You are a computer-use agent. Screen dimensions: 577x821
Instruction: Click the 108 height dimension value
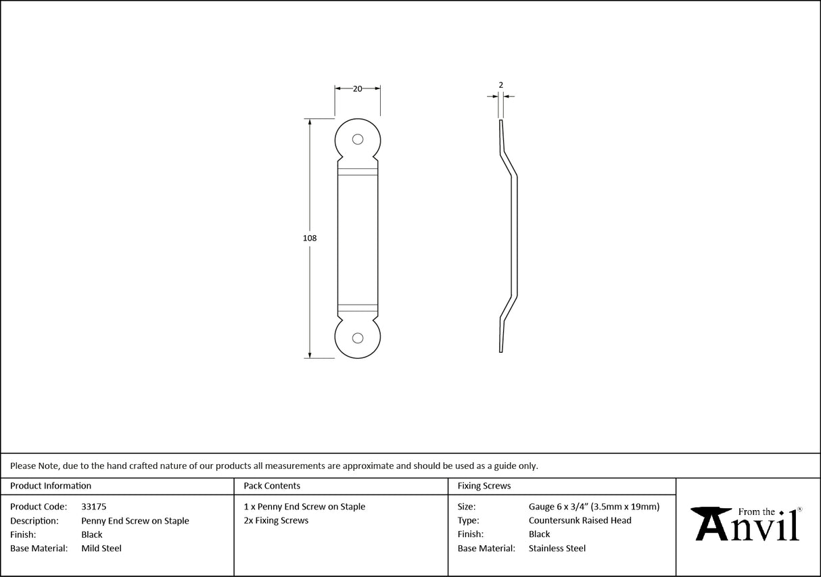(x=310, y=238)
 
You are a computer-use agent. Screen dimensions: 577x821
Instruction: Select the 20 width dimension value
(x=358, y=89)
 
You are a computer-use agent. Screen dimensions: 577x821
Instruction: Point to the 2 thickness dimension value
(x=500, y=85)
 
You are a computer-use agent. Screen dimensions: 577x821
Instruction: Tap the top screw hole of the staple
(x=358, y=140)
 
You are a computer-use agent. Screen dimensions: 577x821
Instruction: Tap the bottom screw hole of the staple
(x=358, y=338)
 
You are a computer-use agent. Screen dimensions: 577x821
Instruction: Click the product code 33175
(x=93, y=506)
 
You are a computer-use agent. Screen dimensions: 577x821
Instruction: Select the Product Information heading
(x=51, y=486)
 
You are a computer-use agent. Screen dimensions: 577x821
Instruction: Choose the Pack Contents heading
(x=272, y=486)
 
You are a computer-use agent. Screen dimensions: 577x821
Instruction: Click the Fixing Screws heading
(x=484, y=486)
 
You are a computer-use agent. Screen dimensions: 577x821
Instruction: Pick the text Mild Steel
(x=101, y=549)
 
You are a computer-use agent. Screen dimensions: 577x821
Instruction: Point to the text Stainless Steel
(x=557, y=549)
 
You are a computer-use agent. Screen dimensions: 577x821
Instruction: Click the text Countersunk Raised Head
(x=580, y=520)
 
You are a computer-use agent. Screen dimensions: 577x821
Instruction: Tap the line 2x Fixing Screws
(x=276, y=520)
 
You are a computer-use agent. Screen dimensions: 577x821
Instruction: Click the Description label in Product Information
(x=34, y=520)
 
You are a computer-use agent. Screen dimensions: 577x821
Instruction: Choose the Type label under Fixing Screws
(x=468, y=520)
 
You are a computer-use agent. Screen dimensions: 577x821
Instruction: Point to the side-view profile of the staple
(x=509, y=236)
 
